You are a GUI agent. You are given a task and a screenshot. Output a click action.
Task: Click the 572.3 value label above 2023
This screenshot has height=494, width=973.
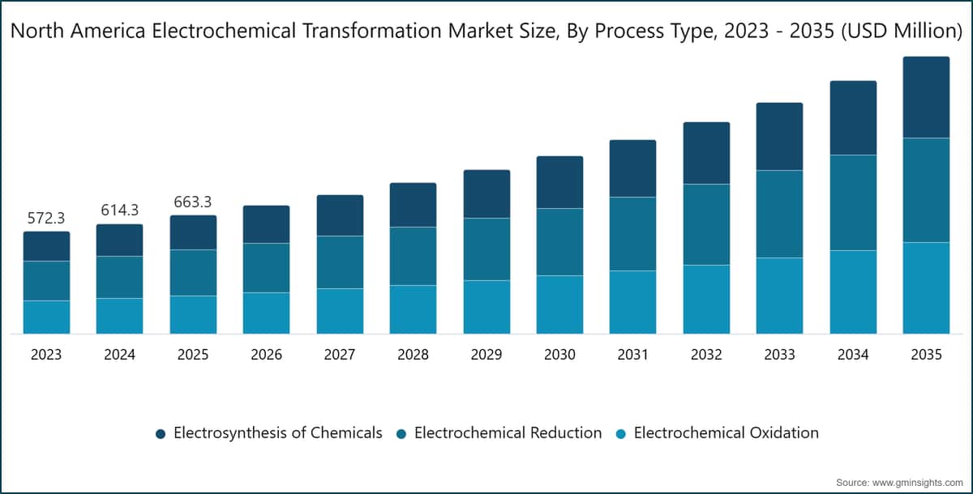46,218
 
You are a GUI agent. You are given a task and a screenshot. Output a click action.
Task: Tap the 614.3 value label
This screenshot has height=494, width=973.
119,210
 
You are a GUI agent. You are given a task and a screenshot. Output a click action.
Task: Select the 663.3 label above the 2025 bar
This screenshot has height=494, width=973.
193,202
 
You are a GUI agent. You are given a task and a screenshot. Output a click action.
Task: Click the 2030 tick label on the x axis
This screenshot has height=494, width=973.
559,355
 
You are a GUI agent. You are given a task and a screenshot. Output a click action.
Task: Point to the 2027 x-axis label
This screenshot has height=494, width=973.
340,355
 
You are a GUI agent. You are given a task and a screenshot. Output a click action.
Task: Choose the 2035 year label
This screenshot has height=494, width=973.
926,355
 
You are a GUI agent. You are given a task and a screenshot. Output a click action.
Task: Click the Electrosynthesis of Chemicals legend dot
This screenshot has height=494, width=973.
161,434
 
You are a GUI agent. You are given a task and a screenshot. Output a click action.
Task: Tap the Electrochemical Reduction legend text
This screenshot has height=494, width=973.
508,432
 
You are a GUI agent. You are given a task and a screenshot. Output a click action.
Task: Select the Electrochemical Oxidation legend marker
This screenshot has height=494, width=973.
621,434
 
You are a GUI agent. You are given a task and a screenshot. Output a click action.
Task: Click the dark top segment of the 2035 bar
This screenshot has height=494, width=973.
926,97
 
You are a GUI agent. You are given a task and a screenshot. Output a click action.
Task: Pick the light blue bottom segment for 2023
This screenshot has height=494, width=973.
46,317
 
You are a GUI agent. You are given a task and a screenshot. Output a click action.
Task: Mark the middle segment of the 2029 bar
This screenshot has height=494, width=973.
486,249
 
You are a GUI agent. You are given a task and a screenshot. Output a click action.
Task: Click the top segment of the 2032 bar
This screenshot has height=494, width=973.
706,153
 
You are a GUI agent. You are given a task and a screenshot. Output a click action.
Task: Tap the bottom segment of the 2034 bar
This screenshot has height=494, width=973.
853,292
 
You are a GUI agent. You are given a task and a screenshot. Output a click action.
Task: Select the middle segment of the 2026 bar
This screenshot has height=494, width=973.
266,267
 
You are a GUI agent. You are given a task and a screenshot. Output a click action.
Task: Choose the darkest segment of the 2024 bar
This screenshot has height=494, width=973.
119,240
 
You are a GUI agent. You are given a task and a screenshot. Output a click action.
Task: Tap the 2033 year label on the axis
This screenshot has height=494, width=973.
779,355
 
